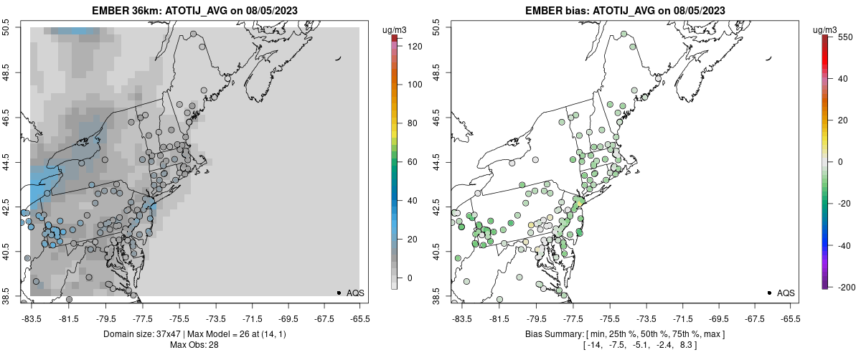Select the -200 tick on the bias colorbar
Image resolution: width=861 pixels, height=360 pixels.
(844, 287)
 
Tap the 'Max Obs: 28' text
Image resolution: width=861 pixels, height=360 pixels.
(194, 345)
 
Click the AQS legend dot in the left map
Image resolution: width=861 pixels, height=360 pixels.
(339, 293)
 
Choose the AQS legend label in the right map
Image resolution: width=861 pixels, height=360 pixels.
(786, 293)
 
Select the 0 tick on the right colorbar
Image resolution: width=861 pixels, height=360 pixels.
(842, 162)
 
